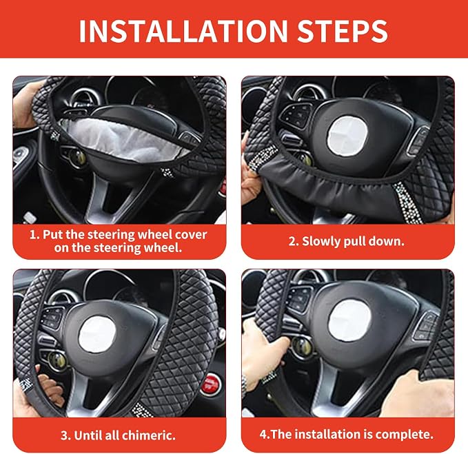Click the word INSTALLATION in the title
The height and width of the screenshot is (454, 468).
coord(183,31)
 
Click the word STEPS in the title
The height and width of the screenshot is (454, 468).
coord(343,31)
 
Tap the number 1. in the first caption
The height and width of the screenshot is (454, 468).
coord(34,235)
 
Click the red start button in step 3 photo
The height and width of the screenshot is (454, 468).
coord(210,384)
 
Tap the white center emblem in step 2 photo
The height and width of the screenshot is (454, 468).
coord(348,134)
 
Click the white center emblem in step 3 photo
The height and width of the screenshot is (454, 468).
coord(97,333)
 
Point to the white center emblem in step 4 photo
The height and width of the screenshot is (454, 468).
coord(349,320)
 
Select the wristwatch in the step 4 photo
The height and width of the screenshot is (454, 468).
coord(245,385)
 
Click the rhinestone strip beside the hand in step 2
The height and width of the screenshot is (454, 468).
coord(261,158)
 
